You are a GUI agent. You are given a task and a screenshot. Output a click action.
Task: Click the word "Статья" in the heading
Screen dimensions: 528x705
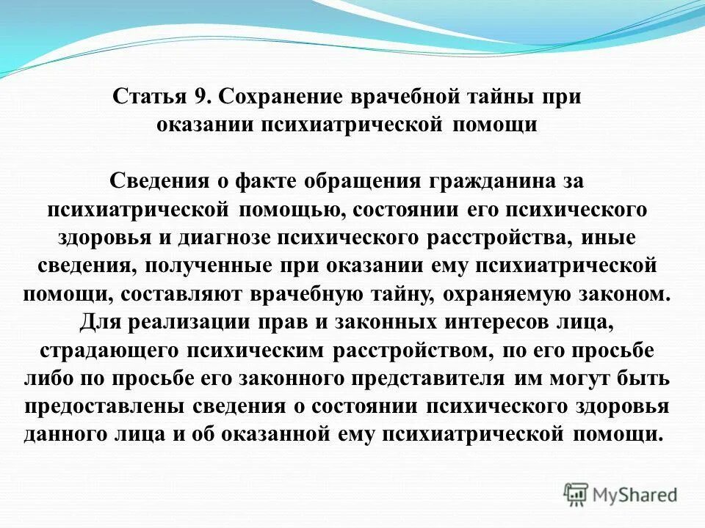pos(144,98)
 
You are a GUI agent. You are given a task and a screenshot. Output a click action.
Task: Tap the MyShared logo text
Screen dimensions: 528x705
pos(635,495)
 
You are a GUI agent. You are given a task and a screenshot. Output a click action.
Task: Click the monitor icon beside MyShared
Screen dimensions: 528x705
pos(576,494)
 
